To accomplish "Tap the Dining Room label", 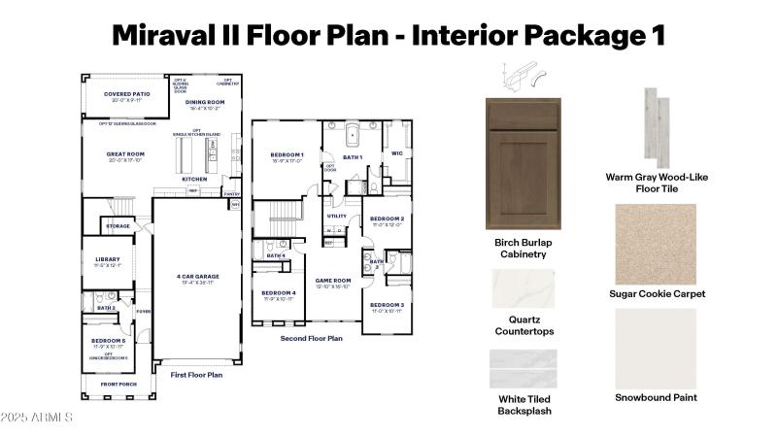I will click(205, 103).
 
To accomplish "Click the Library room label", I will click(107, 260).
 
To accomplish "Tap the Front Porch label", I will click(118, 384).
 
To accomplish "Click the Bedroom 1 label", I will click(287, 155).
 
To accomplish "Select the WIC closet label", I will click(396, 153).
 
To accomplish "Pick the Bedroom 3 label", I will click(386, 306).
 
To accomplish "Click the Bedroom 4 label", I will click(279, 293).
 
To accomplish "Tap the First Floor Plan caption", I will click(196, 374).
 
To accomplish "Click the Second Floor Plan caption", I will click(311, 339).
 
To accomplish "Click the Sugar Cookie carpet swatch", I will click(656, 244).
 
